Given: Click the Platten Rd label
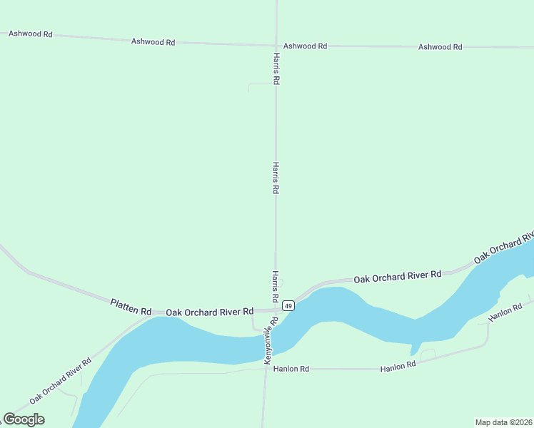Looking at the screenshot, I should [x=131, y=307].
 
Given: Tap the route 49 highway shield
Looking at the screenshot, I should [x=288, y=305].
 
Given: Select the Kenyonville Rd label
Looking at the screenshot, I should [x=271, y=342].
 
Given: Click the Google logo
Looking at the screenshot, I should [x=24, y=419].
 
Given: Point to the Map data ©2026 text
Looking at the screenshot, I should [x=504, y=422].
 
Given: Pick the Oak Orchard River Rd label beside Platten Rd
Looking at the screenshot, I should [x=210, y=312].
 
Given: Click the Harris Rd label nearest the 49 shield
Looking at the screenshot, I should [x=275, y=285].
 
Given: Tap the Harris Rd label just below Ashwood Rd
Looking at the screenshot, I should [x=276, y=68].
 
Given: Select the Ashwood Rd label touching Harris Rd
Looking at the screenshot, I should [x=305, y=46].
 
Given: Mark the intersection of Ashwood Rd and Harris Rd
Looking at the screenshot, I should [x=276, y=45].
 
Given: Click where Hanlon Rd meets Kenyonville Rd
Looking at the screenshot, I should [x=266, y=370].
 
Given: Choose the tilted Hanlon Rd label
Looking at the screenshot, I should [x=506, y=311].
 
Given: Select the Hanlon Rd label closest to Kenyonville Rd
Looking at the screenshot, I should [x=293, y=369].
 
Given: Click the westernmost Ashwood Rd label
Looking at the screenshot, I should [x=30, y=34].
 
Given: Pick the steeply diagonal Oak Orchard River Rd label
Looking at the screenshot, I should [x=61, y=380].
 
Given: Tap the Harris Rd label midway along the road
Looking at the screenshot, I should [x=276, y=178].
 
